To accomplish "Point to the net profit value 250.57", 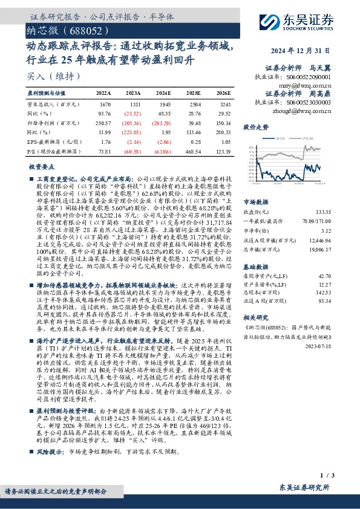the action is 104,122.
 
